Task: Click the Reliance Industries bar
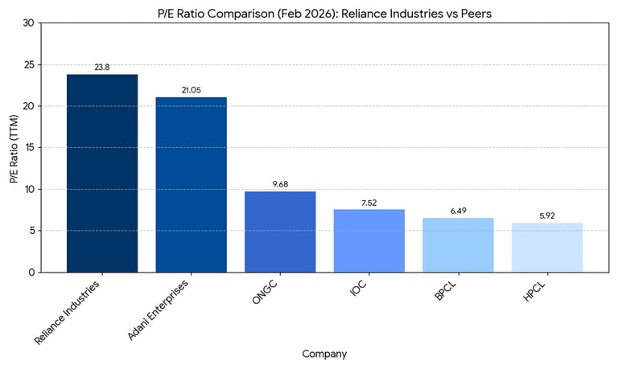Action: click(102, 173)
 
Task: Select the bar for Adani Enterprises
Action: click(191, 184)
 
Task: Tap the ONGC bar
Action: click(280, 232)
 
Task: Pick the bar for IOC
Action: click(369, 240)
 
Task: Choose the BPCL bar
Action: click(458, 244)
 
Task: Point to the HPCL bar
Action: click(547, 247)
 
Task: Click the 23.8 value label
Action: click(102, 68)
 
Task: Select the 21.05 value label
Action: click(191, 90)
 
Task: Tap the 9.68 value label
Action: click(280, 184)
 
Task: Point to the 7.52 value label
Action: click(369, 203)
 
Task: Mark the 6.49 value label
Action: click(458, 211)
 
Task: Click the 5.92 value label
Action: click(547, 215)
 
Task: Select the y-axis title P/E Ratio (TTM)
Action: click(14, 148)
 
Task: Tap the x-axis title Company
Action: click(324, 353)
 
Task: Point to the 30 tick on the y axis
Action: click(29, 23)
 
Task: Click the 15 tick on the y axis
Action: click(29, 148)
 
